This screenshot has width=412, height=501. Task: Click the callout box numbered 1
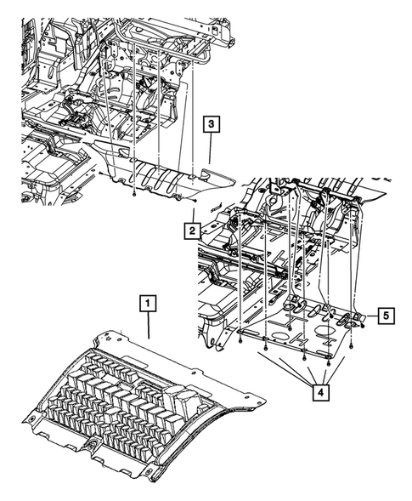click(x=148, y=304)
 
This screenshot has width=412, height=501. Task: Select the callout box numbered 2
click(x=192, y=231)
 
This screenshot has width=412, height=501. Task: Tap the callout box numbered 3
click(x=212, y=124)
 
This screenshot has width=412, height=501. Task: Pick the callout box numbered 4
click(x=321, y=392)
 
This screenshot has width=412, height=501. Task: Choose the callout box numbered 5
click(x=387, y=316)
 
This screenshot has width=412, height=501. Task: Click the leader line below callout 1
click(x=148, y=325)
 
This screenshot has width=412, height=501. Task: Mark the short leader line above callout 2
click(x=193, y=216)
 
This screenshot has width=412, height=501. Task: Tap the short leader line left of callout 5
click(x=372, y=316)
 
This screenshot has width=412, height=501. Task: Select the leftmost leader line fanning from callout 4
click(x=285, y=368)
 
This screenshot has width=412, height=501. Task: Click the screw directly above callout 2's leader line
click(x=195, y=201)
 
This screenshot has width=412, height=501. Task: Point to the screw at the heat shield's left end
click(x=100, y=173)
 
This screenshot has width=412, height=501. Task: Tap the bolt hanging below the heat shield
click(x=135, y=194)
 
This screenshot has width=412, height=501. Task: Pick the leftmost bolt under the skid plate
click(x=240, y=341)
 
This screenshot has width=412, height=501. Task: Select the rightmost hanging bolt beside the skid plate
click(x=351, y=345)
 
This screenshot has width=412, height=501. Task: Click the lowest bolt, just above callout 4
click(x=328, y=363)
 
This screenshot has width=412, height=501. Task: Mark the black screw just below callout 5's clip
click(x=363, y=325)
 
